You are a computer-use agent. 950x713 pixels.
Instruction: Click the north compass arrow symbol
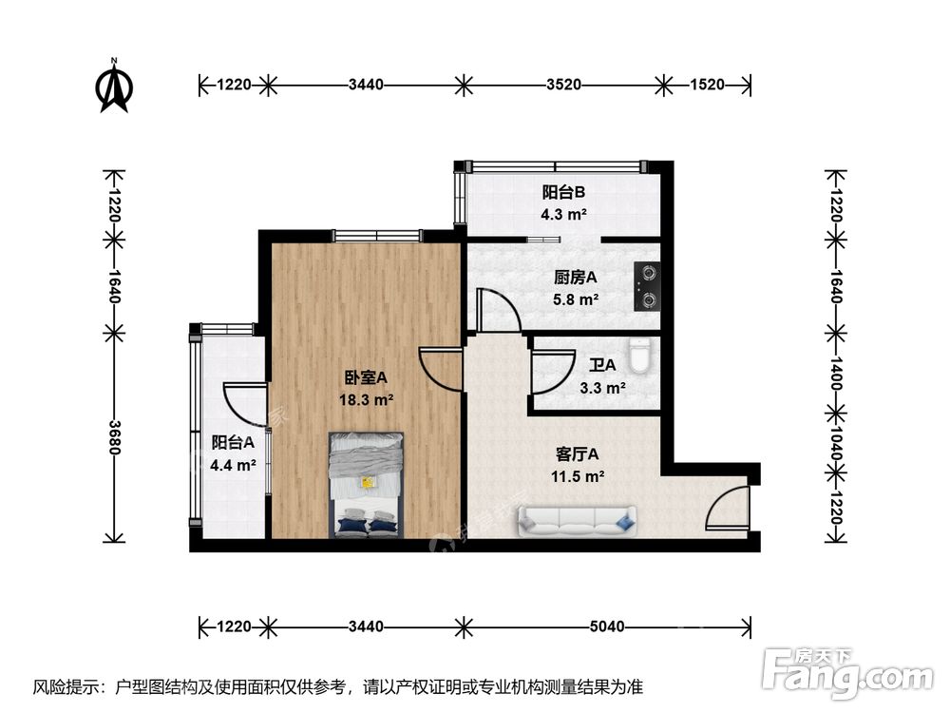[114, 87]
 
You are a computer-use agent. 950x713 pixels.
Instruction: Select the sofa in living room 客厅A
[576, 520]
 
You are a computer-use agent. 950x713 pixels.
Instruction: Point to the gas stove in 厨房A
[648, 287]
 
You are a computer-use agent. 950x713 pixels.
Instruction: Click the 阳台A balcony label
[232, 442]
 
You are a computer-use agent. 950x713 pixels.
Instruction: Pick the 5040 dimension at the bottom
[606, 626]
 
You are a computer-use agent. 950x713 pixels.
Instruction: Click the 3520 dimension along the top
[563, 85]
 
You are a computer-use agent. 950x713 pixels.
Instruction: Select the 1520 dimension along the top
[705, 85]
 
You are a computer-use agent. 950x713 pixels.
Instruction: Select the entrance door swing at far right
[727, 509]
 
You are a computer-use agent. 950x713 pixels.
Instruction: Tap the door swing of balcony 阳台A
[245, 404]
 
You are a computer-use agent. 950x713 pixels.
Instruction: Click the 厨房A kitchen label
[576, 278]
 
